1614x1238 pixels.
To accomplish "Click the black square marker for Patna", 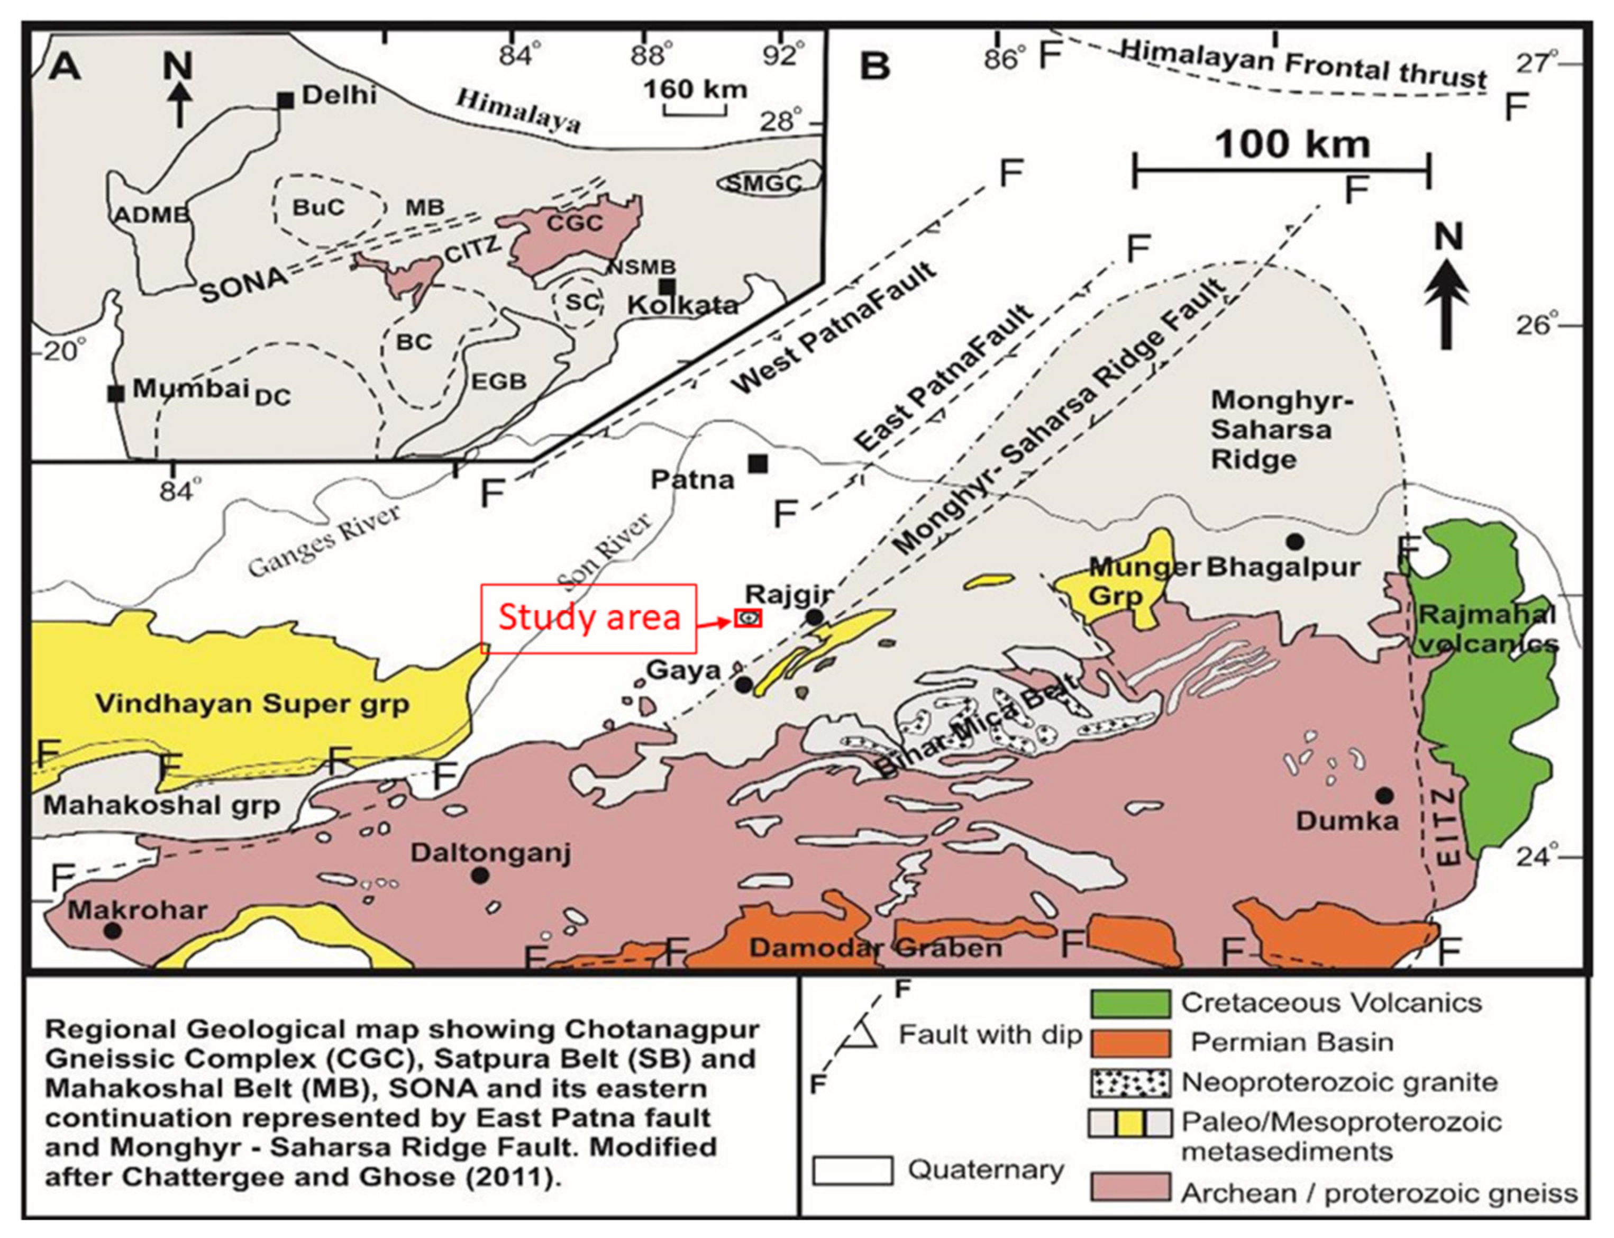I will [x=758, y=463].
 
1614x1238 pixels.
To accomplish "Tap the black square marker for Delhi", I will [x=286, y=101].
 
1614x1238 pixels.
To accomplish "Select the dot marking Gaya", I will [x=743, y=685].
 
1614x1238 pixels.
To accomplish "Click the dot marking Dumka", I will [x=1384, y=795].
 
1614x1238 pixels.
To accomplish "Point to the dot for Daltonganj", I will [x=480, y=876].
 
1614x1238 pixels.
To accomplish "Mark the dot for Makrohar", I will [x=112, y=930].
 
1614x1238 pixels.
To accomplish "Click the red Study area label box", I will [x=588, y=618].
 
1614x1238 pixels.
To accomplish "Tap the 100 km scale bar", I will [x=1281, y=171].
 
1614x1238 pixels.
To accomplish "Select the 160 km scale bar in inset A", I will [x=696, y=111].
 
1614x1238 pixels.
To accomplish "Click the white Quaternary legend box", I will [x=852, y=1170].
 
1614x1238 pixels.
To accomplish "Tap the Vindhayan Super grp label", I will [x=252, y=704].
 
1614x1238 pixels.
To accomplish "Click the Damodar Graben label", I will [x=875, y=947].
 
